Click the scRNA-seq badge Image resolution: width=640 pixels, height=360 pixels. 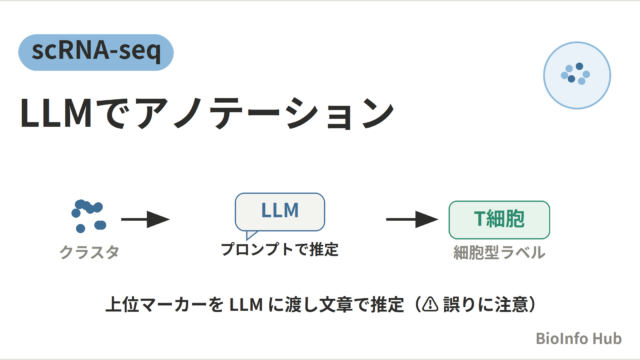(x=96, y=52)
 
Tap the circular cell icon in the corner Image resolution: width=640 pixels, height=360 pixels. (x=577, y=75)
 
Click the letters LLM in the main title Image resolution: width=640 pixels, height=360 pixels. (x=56, y=113)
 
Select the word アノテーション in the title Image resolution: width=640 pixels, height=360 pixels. (x=264, y=113)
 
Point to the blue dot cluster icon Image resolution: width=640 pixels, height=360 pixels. (x=89, y=216)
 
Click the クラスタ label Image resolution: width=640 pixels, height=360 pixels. (x=89, y=252)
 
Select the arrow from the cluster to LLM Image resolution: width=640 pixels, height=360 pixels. (x=145, y=219)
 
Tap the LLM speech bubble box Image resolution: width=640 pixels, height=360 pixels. (x=280, y=212)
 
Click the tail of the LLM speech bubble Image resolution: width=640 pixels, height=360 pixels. (x=250, y=235)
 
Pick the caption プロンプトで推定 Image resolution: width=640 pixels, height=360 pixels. (x=280, y=249)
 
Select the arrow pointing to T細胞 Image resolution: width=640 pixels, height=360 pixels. (x=412, y=219)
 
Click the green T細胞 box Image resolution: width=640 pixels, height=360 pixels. (x=499, y=220)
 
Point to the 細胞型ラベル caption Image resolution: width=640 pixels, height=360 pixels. (x=499, y=252)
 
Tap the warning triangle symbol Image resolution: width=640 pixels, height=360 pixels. (x=430, y=304)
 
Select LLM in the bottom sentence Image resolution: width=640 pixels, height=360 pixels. (x=246, y=304)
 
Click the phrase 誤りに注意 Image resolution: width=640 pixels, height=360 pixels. (x=485, y=304)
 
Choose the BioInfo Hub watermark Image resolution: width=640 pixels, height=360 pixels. (x=578, y=338)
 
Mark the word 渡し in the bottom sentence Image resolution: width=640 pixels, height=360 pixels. (x=293, y=304)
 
